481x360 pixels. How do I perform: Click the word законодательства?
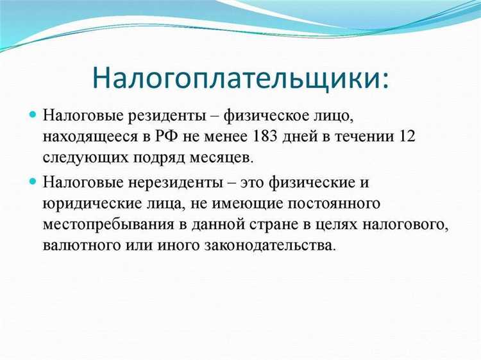(280, 244)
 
